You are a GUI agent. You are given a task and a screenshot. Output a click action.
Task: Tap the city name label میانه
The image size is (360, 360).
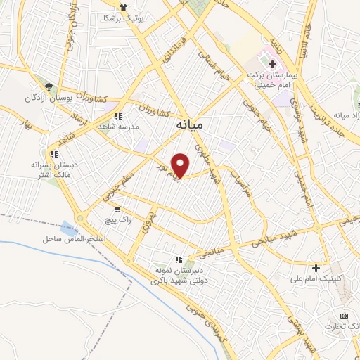[189, 124]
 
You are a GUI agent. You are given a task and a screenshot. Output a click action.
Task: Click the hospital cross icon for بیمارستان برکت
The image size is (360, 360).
[272, 64]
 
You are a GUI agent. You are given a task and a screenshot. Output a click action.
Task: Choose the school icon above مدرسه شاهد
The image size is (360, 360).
[119, 116]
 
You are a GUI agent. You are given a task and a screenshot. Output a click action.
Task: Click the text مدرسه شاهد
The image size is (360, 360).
[121, 127]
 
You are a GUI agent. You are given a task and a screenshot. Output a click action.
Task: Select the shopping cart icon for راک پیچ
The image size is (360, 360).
[117, 209]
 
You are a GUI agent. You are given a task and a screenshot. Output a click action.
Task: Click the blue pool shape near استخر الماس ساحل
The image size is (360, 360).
[68, 228]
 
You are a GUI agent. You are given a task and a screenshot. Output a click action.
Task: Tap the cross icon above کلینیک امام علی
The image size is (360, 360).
[316, 268]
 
